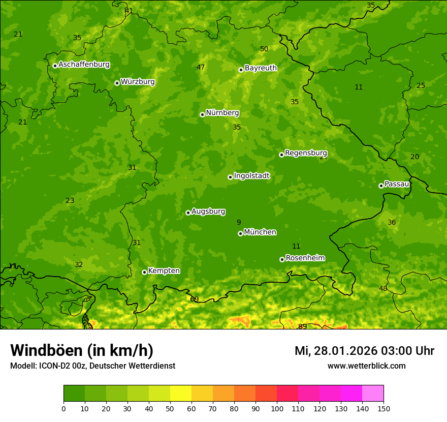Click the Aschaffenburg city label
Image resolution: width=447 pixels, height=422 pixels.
click(84, 65)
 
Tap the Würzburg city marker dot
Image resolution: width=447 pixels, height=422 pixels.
click(117, 83)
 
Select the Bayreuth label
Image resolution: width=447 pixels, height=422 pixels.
click(261, 68)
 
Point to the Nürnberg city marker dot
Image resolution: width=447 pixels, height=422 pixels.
click(202, 114)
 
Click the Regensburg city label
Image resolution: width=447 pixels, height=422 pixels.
click(306, 153)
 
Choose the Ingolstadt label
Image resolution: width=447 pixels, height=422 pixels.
click(251, 176)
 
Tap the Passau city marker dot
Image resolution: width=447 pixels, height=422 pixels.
click(381, 186)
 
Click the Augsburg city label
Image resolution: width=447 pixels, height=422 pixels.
click(208, 212)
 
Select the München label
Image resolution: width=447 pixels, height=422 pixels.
click(260, 232)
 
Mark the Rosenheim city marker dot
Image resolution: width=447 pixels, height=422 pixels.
click(282, 259)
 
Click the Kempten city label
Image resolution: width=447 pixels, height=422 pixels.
click(164, 271)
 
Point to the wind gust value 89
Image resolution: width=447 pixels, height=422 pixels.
click(302, 326)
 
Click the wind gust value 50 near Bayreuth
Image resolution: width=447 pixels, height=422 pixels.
click(264, 49)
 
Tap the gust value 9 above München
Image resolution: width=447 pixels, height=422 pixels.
click(239, 222)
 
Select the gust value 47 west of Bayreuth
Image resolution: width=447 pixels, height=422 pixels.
click(201, 67)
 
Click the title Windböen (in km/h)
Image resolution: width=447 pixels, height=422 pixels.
click(81, 350)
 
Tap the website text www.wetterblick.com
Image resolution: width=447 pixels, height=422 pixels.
click(366, 366)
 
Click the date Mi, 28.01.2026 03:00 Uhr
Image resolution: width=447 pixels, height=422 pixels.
click(364, 351)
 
